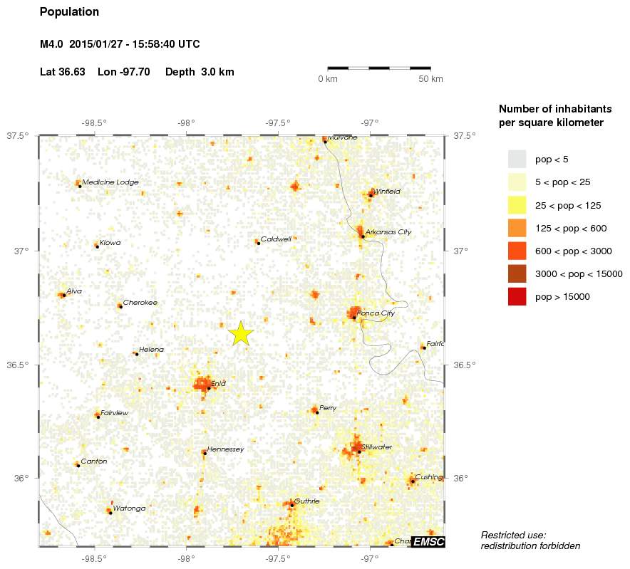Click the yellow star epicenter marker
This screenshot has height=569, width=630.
tap(241, 333)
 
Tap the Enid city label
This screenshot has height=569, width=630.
tap(218, 384)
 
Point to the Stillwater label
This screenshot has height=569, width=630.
tap(377, 447)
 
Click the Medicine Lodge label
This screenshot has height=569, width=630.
tap(110, 182)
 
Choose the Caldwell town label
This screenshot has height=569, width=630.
tap(276, 239)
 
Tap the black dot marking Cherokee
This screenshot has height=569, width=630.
tap(120, 306)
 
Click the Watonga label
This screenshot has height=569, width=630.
tap(129, 508)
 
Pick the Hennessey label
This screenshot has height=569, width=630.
tap(225, 449)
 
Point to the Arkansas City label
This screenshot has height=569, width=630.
tap(388, 232)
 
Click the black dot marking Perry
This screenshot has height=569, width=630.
tap(317, 412)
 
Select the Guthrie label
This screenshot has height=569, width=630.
tap(306, 501)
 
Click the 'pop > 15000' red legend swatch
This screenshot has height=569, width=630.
tap(517, 296)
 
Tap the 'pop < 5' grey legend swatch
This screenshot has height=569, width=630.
tap(517, 159)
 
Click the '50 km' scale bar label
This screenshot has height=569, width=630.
tap(430, 78)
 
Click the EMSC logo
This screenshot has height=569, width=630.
tap(429, 542)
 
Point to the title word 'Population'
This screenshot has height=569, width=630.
tap(69, 12)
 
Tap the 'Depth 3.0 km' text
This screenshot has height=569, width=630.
tap(200, 72)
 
